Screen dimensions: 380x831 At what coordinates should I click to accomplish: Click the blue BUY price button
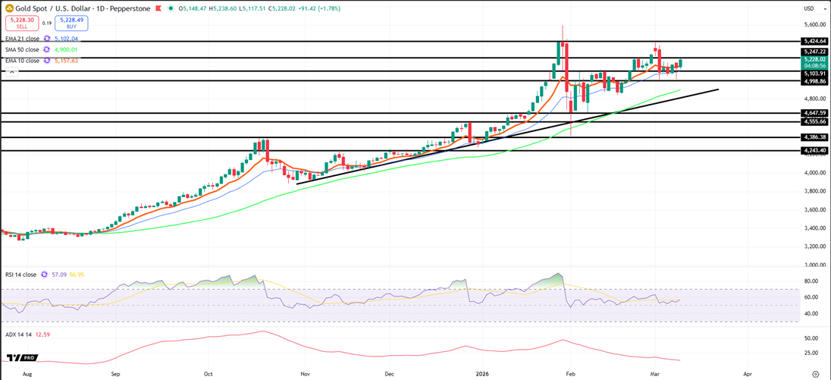[73, 23]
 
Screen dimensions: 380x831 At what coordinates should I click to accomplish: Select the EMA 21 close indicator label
[21, 38]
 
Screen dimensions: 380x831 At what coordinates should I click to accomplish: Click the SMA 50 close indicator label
[21, 49]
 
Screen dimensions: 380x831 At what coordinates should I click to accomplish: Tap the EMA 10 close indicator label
[21, 61]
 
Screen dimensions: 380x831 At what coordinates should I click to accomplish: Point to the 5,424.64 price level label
[815, 41]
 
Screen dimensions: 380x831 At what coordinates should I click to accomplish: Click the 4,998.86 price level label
[815, 81]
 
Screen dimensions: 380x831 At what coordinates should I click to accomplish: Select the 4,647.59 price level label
[815, 113]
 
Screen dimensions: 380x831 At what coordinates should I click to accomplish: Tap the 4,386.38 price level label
[815, 137]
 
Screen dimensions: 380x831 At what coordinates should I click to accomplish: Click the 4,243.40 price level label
[815, 150]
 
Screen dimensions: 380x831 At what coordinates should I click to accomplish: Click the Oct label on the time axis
[207, 374]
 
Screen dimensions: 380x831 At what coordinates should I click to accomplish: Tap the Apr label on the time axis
[748, 374]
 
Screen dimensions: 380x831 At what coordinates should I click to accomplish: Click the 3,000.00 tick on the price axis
[813, 265]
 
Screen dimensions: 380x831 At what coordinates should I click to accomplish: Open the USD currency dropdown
[810, 8]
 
